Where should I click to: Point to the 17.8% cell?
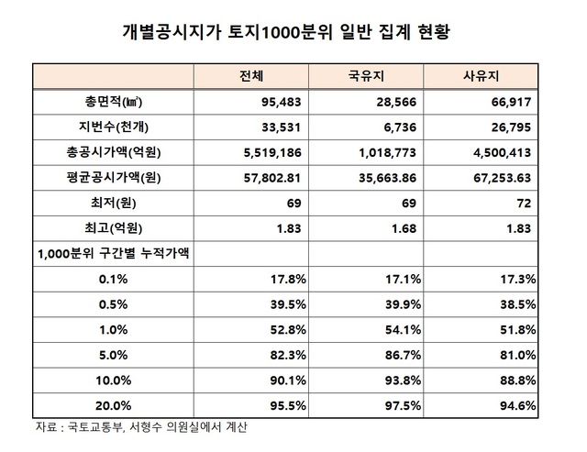[287, 277]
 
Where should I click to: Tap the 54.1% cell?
[399, 326]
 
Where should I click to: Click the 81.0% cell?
[512, 351]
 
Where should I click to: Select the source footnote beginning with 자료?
[142, 427]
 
